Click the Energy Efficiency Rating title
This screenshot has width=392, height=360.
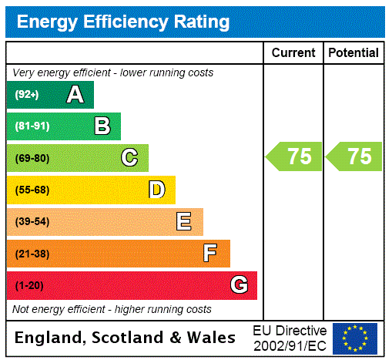(x=123, y=22)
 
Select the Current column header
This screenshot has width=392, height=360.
(x=293, y=53)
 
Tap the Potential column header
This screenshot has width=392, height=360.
(x=353, y=53)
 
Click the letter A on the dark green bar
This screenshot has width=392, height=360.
(x=75, y=95)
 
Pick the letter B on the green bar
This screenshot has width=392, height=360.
(x=102, y=126)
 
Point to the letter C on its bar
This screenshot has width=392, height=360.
(x=129, y=158)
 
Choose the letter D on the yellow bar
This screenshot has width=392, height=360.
(x=156, y=190)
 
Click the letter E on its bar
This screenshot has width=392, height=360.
(x=184, y=222)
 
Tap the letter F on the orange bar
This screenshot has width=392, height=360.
(x=210, y=254)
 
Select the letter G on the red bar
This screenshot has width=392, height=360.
(x=239, y=285)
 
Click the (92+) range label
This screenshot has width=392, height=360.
(x=26, y=96)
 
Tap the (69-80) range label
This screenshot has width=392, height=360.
(x=32, y=159)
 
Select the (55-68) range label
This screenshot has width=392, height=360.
(x=32, y=190)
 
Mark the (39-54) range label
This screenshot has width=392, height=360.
(x=32, y=222)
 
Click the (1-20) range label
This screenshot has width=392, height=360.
(x=29, y=286)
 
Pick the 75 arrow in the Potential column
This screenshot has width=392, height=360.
(x=355, y=156)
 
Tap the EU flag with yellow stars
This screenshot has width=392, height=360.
(x=355, y=338)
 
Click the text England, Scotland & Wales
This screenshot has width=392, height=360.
(x=126, y=338)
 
